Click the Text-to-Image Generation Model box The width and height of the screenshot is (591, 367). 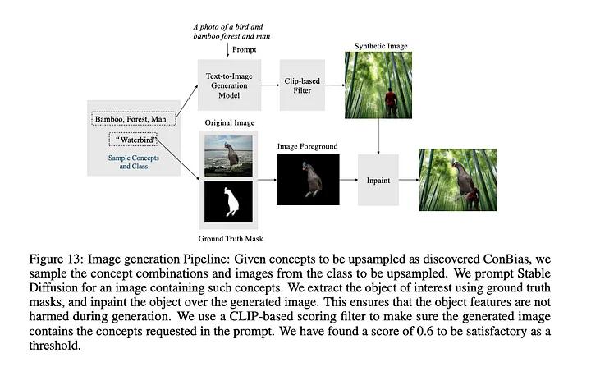point(227,84)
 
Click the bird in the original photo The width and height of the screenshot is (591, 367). point(231,152)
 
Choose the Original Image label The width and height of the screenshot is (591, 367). point(227,122)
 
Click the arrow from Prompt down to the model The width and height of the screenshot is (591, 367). point(226,55)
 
